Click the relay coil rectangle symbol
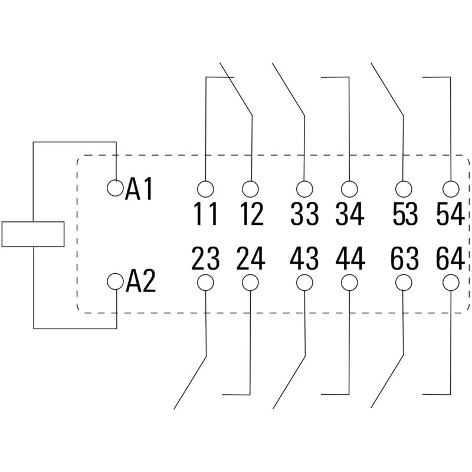point(33,234)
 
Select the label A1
point(140,189)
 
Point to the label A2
point(141,283)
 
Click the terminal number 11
point(206,214)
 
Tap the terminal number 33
point(304,214)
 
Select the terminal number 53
point(404,214)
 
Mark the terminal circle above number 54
point(451,189)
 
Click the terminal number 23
point(206,259)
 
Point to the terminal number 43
point(304,259)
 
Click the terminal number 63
point(404,259)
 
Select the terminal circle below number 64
point(451,283)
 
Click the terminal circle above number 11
point(205,189)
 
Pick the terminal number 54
point(450,214)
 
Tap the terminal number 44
point(350,259)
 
